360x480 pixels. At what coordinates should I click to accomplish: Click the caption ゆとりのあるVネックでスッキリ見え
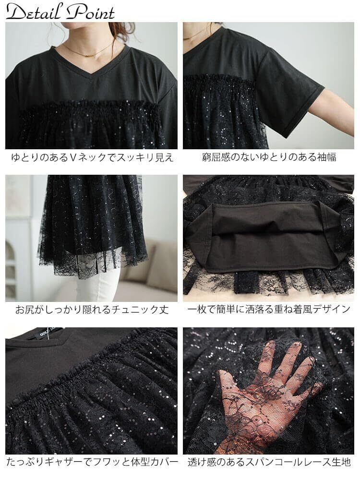coord(92,157)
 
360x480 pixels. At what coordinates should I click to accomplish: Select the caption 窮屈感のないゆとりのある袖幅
coord(269,157)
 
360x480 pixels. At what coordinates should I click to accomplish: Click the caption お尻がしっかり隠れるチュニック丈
coord(92,310)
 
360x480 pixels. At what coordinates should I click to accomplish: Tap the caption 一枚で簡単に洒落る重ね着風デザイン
coord(268,309)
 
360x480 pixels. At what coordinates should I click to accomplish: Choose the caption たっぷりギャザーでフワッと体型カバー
coord(92,462)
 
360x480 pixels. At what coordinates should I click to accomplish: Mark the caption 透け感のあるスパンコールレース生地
coord(269,462)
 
